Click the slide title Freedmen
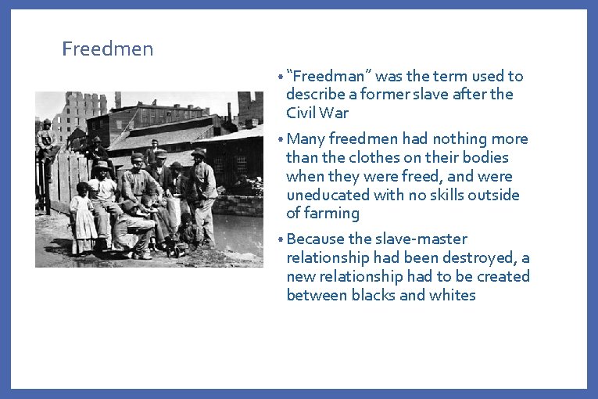pyautogui.click(x=108, y=49)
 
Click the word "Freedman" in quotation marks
pyautogui.click(x=331, y=76)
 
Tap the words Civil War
pyautogui.click(x=317, y=113)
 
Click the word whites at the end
pyautogui.click(x=454, y=295)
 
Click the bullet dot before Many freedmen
pyautogui.click(x=281, y=139)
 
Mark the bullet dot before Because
pyautogui.click(x=281, y=239)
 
